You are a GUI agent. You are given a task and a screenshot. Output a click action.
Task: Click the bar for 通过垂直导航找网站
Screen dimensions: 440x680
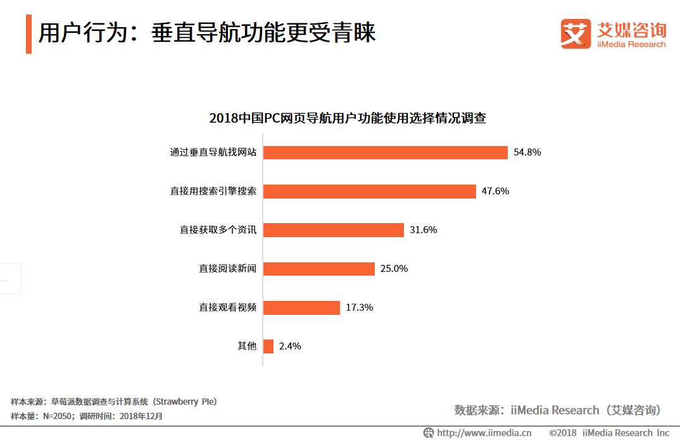(385, 152)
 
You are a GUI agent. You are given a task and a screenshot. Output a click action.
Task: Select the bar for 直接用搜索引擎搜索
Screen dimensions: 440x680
(369, 192)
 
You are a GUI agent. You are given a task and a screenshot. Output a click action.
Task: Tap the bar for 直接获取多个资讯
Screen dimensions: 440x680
(333, 230)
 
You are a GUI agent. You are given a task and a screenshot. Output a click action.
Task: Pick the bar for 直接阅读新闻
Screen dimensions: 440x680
(318, 269)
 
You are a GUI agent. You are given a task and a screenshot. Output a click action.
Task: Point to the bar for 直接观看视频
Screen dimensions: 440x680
(301, 308)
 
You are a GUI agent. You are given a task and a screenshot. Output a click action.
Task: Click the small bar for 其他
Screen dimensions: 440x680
(268, 346)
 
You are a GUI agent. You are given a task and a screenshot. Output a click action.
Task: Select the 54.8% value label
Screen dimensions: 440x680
(527, 152)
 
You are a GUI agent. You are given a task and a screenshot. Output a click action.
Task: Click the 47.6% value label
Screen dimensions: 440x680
(495, 192)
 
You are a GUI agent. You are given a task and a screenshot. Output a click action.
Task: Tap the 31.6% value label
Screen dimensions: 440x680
(423, 230)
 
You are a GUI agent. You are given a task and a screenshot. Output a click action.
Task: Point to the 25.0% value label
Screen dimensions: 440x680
(394, 269)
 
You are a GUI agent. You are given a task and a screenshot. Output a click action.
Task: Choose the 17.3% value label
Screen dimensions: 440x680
(359, 308)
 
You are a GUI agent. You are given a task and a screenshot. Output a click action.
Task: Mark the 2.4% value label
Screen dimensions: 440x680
(290, 346)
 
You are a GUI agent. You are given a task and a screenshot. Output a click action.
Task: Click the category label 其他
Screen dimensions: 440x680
(246, 346)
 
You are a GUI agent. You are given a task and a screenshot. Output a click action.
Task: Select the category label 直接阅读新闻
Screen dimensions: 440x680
(227, 269)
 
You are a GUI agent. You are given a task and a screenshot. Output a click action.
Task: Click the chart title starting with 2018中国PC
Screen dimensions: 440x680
(348, 118)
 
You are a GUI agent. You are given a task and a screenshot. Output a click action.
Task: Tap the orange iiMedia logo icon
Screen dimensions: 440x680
(575, 34)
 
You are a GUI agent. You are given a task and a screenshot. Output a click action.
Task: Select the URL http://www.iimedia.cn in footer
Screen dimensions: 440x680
(484, 433)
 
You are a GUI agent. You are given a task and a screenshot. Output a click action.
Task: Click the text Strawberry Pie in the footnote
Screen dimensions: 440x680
(184, 401)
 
